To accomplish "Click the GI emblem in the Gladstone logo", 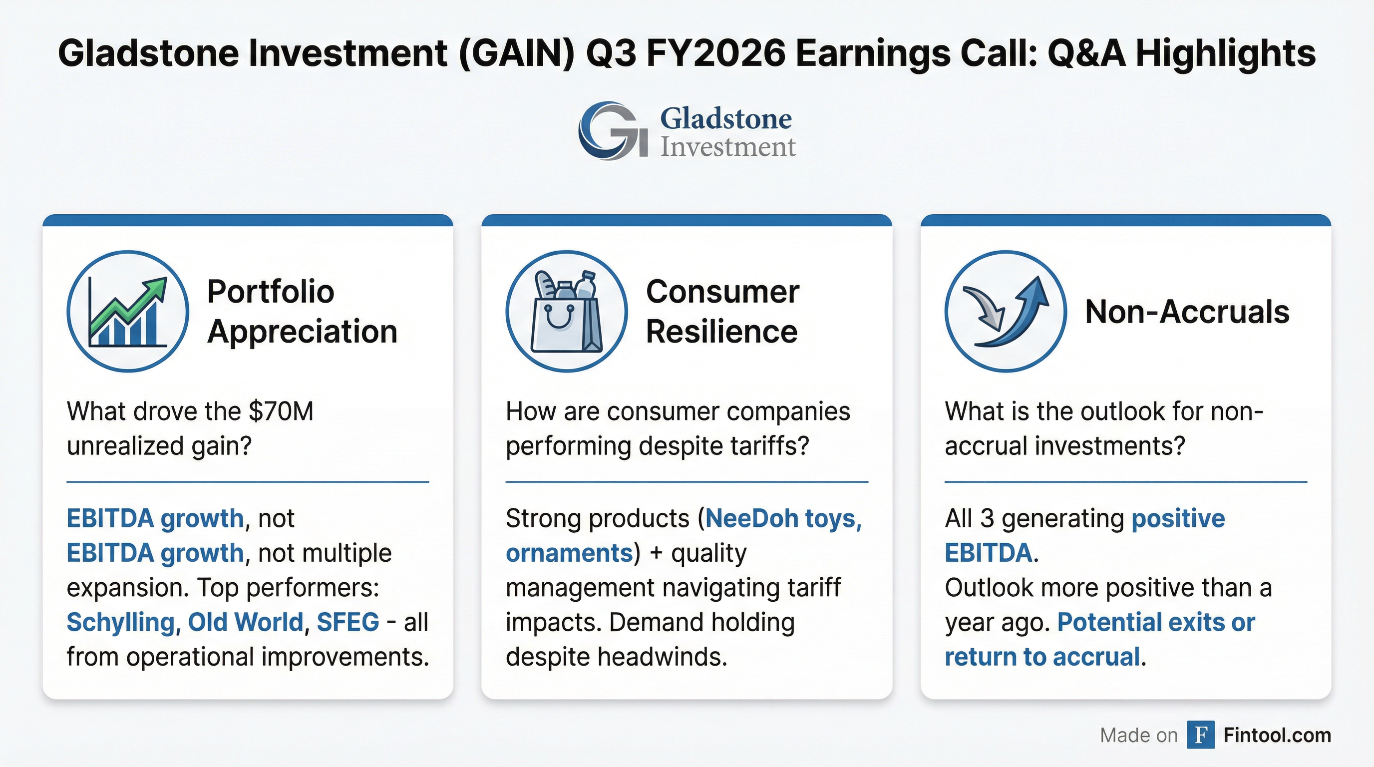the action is (614, 131).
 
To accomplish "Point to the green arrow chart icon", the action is (128, 312).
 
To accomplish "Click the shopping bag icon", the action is (567, 312).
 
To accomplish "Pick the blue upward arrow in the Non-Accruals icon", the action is (1014, 315).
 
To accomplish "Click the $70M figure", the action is (281, 411).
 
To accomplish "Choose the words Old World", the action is (245, 622).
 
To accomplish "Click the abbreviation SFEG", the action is (348, 622).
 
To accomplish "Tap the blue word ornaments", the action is (569, 553).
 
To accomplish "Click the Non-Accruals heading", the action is (1187, 312).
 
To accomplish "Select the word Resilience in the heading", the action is (721, 332).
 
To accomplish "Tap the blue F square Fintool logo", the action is (1201, 735).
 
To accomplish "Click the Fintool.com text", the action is (1278, 735).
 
